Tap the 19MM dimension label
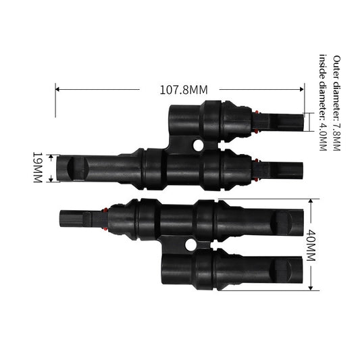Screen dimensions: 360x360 37,168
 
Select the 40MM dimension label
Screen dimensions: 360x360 311,245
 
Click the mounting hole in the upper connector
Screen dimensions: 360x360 198,145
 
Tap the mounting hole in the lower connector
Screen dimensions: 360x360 190,246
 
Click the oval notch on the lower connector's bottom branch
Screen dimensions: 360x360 279,271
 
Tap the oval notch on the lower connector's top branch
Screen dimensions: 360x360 279,220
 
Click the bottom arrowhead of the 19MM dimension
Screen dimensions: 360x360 49,182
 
